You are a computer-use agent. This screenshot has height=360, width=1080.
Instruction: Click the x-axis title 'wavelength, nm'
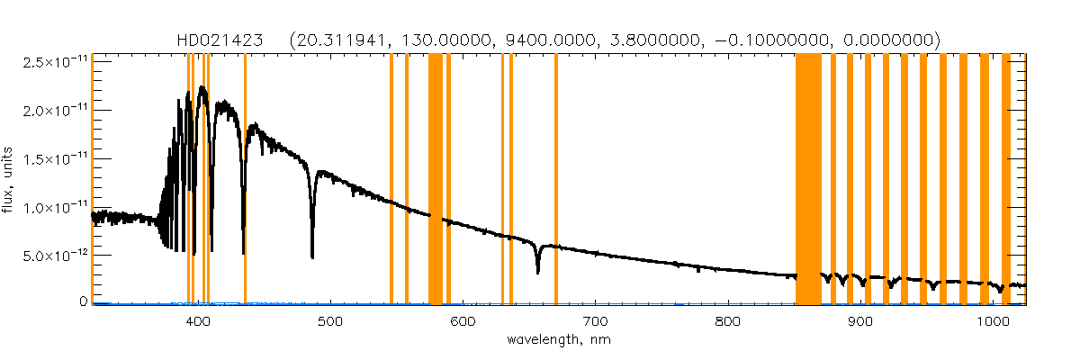tap(559, 340)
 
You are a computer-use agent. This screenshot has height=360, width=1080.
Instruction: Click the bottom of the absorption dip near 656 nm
tap(537, 272)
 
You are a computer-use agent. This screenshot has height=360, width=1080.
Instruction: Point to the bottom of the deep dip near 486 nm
tap(312, 257)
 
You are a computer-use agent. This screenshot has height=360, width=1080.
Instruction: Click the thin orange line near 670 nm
tap(556, 180)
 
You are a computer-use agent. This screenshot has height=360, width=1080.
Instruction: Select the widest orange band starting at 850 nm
tap(808, 180)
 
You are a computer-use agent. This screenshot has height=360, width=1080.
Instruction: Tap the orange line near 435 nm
tap(245, 180)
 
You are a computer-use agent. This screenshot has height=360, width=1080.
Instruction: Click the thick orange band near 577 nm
tap(435, 180)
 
